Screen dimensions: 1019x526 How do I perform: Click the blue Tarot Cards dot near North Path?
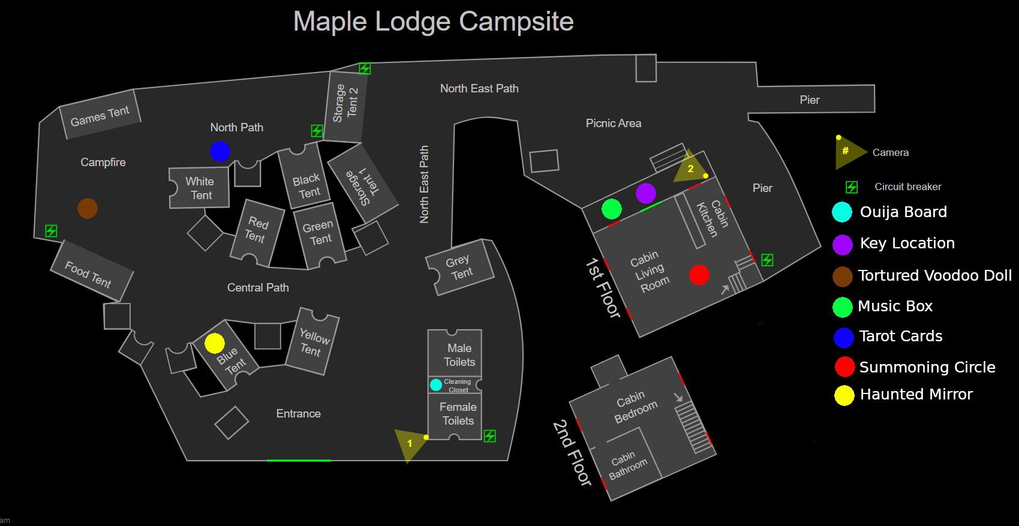(x=220, y=151)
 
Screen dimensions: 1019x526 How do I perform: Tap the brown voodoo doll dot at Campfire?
(x=88, y=208)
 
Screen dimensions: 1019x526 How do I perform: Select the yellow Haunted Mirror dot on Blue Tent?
(x=214, y=343)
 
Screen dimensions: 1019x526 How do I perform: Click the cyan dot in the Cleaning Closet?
(x=436, y=384)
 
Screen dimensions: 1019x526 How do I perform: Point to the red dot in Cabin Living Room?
(x=699, y=275)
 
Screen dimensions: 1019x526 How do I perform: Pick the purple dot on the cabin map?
(x=645, y=193)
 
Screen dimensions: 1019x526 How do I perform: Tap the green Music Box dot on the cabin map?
(x=611, y=209)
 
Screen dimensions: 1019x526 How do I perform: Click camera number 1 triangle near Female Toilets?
(x=408, y=444)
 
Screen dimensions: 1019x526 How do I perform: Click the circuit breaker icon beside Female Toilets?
(x=490, y=436)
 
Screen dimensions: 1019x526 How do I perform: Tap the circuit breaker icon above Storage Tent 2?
(x=365, y=68)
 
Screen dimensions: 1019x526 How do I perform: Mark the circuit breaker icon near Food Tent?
(x=52, y=231)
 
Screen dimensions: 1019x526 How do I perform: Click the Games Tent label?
(x=100, y=116)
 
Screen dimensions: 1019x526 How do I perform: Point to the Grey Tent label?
(x=459, y=267)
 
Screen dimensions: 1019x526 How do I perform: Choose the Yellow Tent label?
(x=313, y=342)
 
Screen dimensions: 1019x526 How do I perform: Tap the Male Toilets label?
(x=459, y=355)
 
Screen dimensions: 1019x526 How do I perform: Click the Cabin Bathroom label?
(x=627, y=465)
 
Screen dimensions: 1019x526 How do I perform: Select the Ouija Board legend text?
(x=903, y=212)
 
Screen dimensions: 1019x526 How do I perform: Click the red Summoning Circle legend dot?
(x=844, y=366)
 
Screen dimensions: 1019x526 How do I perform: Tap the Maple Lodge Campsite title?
(x=433, y=22)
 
